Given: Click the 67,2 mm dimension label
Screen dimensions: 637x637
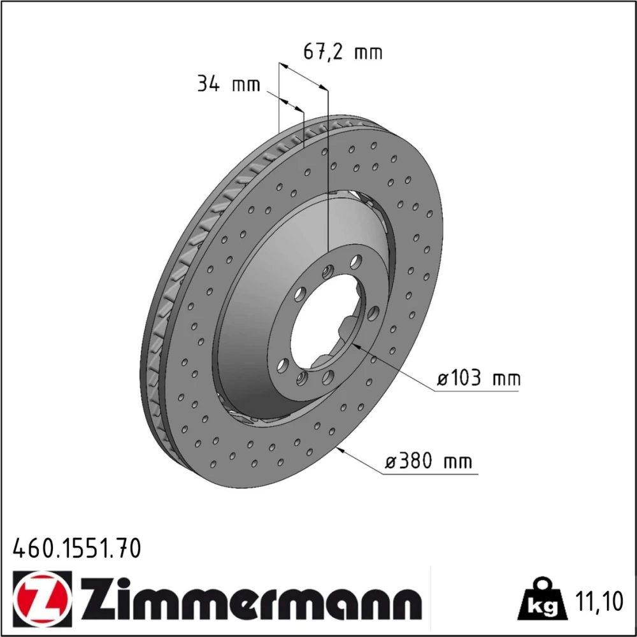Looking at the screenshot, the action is pyautogui.click(x=343, y=52).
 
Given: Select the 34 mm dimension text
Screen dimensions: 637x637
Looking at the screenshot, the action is pyautogui.click(x=228, y=85).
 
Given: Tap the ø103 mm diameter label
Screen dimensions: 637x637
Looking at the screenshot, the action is pyautogui.click(x=478, y=378).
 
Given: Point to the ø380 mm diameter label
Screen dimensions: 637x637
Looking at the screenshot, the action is pyautogui.click(x=429, y=461).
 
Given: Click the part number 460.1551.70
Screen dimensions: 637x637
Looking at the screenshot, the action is pyautogui.click(x=77, y=548).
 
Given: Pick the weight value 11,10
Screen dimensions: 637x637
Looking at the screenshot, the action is pyautogui.click(x=599, y=602).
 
